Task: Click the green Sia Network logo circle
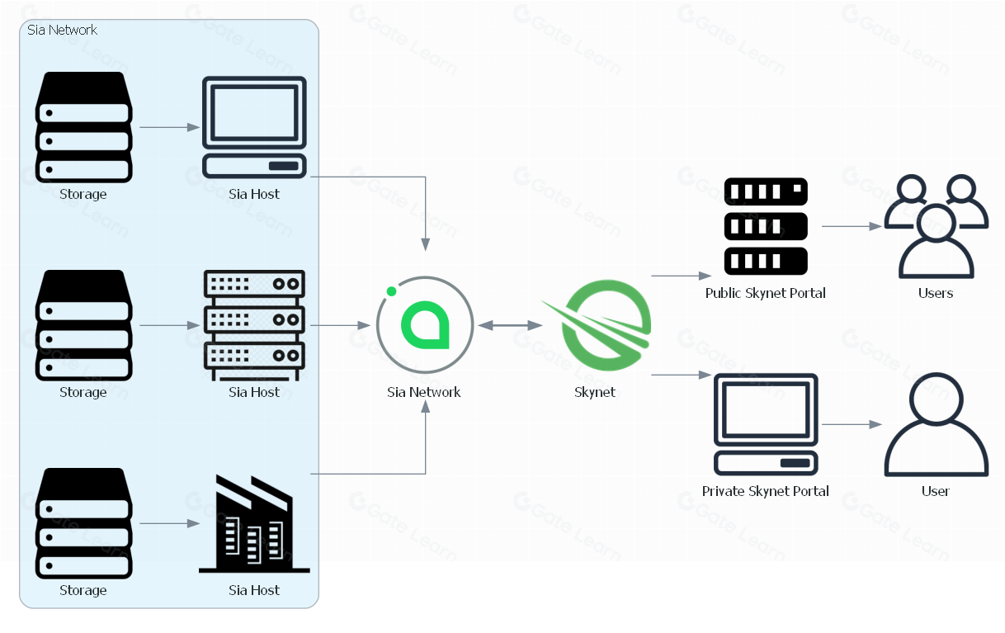[x=424, y=325]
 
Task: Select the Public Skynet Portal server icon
[x=765, y=226]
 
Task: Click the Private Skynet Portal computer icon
[x=765, y=424]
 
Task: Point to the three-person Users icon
[x=935, y=226]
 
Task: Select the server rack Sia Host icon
[x=254, y=325]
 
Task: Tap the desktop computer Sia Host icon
[x=254, y=127]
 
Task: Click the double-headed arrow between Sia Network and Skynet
[x=511, y=326]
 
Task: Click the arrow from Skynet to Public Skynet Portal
[x=682, y=276]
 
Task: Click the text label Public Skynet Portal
[x=765, y=293]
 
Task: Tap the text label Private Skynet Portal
[x=765, y=491]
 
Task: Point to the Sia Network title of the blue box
[x=62, y=30]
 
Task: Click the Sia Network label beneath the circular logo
[x=424, y=392]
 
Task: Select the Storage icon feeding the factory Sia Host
[x=83, y=523]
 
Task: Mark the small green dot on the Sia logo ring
[x=391, y=291]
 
